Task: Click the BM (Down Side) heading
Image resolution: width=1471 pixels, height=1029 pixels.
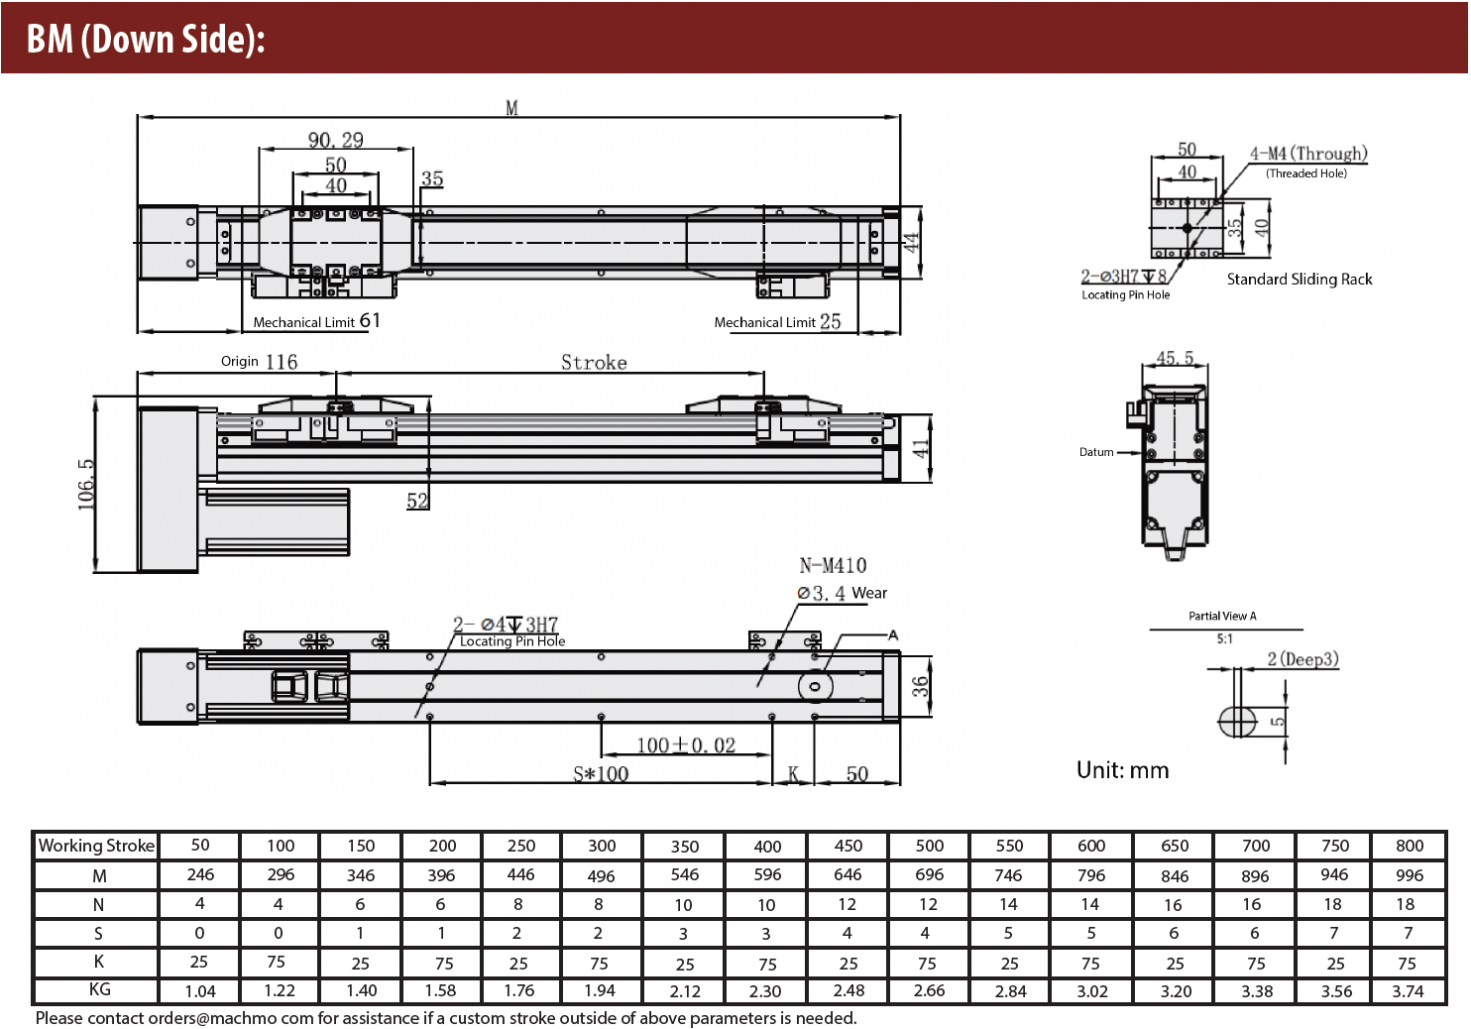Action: coord(146,39)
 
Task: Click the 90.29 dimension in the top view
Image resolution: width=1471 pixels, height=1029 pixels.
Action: coord(335,140)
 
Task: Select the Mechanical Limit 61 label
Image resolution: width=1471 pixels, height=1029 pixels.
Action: coord(315,321)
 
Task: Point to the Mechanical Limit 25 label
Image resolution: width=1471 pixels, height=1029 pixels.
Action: coord(777,321)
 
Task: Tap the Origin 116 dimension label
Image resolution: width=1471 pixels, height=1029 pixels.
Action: coord(259,362)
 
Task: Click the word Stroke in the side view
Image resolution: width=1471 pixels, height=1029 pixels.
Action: coord(594,362)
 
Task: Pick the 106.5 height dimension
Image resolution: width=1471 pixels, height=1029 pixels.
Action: coord(87,484)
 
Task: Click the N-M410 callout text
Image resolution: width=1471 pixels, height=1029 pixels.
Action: coord(833,565)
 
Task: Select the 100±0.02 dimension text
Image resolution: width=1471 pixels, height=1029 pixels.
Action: coord(686,745)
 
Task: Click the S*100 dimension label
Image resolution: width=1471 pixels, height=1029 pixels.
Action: coord(601,773)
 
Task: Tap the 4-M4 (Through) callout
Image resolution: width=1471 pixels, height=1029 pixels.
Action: coord(1307,154)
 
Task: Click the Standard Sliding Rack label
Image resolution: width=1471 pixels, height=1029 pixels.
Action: coord(1300,280)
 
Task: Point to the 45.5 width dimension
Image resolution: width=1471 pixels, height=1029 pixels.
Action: coord(1175,358)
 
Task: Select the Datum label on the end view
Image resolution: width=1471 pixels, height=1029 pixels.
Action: coord(1096,452)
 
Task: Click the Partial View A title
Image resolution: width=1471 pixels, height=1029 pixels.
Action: coord(1222,616)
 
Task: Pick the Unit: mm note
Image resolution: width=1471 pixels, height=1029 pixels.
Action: coord(1122,770)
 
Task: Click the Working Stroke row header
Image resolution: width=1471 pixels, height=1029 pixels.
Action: coord(96,846)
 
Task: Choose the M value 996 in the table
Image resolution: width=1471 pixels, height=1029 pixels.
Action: coord(1409,875)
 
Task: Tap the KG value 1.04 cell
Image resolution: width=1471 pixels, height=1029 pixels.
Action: coord(200,990)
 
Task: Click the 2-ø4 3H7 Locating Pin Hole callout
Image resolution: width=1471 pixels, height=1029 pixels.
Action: coord(507,631)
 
